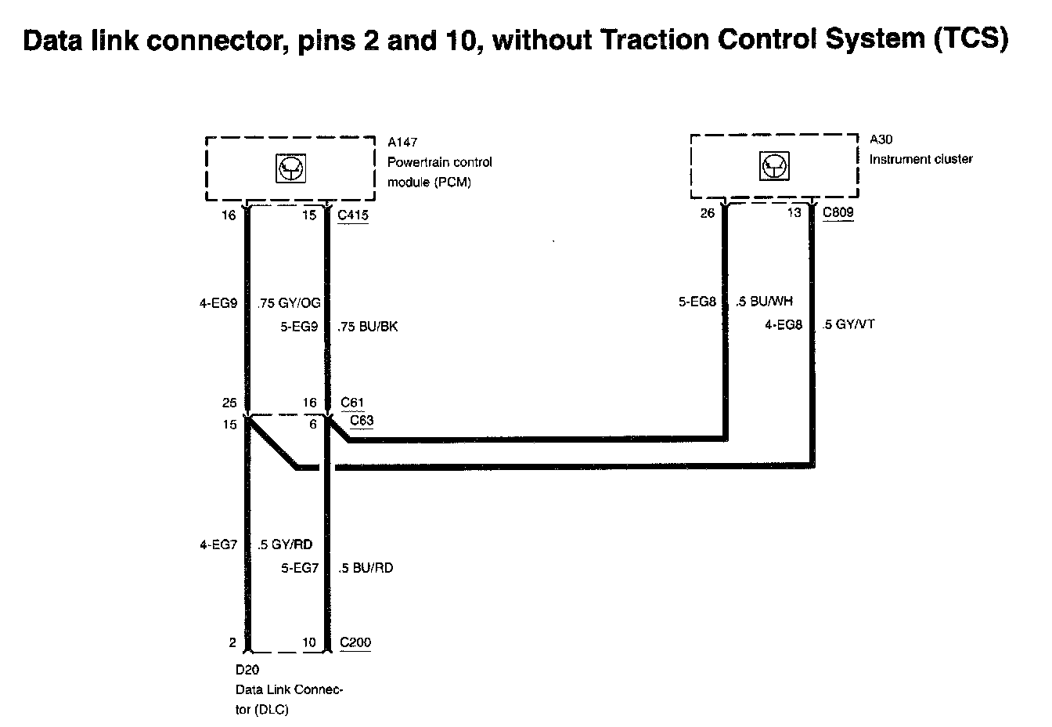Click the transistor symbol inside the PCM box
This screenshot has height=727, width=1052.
pyautogui.click(x=290, y=168)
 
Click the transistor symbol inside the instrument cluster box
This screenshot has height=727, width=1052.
pyautogui.click(x=775, y=166)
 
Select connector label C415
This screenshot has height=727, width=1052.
pyautogui.click(x=353, y=215)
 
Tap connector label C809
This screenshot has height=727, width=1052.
pyautogui.click(x=838, y=212)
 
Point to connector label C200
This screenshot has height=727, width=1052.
pyautogui.click(x=355, y=643)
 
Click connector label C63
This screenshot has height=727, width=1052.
pyautogui.click(x=362, y=421)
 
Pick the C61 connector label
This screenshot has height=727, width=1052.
pyautogui.click(x=353, y=403)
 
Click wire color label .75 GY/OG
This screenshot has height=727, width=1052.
pyautogui.click(x=288, y=303)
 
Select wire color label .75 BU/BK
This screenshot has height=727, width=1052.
pyautogui.click(x=367, y=327)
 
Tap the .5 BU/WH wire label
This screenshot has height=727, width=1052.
pyautogui.click(x=765, y=301)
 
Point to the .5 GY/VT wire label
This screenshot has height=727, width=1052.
pyautogui.click(x=848, y=324)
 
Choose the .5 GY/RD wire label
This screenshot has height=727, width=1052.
pyautogui.click(x=286, y=544)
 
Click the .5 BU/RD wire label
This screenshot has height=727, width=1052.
pyautogui.click(x=366, y=568)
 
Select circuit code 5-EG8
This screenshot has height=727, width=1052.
pyautogui.click(x=697, y=301)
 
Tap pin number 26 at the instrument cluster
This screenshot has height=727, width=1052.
pyautogui.click(x=707, y=213)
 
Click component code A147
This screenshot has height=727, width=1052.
pyautogui.click(x=402, y=143)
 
